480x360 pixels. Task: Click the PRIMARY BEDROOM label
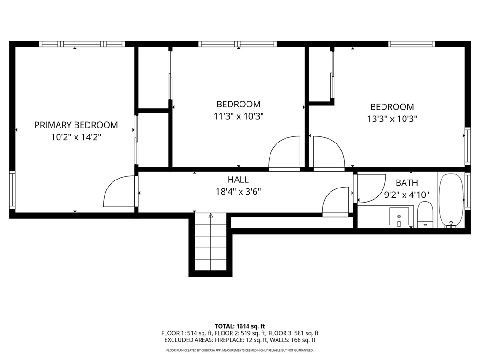click(76, 125)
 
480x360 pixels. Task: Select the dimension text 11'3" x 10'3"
click(239, 116)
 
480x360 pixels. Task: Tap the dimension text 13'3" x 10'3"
click(392, 119)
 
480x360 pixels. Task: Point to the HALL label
click(238, 180)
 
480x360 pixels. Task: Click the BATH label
click(406, 183)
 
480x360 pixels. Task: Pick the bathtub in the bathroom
click(451, 201)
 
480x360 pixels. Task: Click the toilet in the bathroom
click(425, 214)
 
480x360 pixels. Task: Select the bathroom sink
click(399, 216)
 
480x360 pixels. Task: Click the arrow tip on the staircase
click(210, 214)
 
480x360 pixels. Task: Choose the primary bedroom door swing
click(120, 191)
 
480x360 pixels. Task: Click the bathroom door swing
click(371, 188)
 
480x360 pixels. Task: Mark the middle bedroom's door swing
click(284, 153)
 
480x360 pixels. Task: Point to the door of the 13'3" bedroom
click(329, 153)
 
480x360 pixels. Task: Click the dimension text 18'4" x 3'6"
click(238, 192)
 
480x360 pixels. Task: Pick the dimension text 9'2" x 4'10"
click(407, 195)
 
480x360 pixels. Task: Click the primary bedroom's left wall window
click(12, 190)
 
